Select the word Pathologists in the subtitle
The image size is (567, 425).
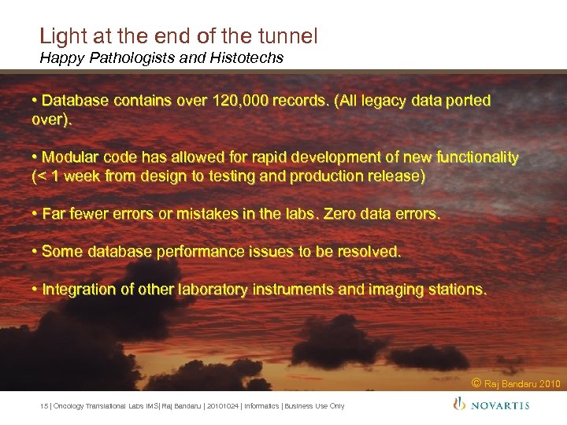(x=117, y=57)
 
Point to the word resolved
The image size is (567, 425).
(x=369, y=252)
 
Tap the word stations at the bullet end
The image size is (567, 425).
(x=458, y=290)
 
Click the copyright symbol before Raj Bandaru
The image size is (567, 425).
(x=476, y=383)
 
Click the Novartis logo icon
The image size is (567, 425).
(x=459, y=405)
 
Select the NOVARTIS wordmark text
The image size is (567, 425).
(x=501, y=405)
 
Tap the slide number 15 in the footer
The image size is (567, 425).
(x=43, y=406)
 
